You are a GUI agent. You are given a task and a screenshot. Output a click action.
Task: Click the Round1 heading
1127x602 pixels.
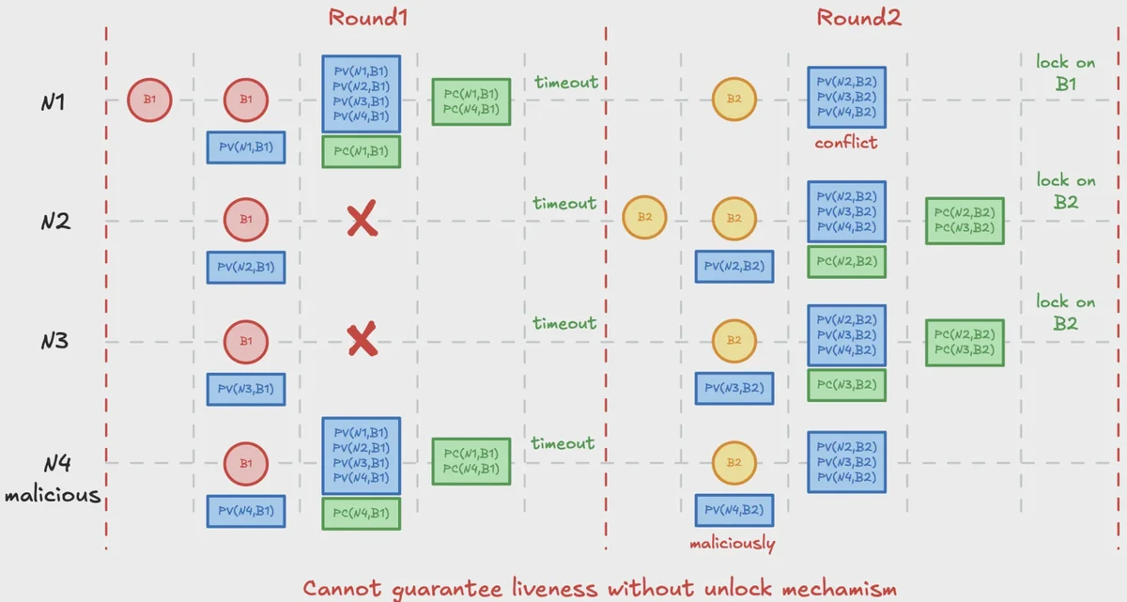click(368, 17)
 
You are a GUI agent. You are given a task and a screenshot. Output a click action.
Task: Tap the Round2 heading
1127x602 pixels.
click(858, 17)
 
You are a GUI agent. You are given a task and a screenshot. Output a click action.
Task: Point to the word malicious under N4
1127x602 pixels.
click(53, 494)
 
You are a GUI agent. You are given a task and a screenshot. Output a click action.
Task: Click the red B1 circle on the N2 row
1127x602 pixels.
click(246, 220)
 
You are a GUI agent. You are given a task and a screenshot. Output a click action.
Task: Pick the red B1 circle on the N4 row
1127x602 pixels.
click(246, 464)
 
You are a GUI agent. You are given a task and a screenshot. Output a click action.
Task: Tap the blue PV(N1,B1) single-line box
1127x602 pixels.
click(246, 147)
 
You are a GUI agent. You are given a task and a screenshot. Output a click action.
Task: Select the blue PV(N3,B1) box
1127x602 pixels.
click(246, 389)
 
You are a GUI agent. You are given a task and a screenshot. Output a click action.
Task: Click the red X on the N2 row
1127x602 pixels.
click(362, 221)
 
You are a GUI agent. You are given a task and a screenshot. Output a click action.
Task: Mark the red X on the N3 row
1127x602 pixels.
click(362, 341)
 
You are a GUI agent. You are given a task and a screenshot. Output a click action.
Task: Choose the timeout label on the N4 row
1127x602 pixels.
click(563, 443)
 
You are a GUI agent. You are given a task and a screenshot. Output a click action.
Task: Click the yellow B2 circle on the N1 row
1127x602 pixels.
click(734, 100)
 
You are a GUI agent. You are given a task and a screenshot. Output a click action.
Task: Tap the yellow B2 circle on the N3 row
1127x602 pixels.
click(734, 341)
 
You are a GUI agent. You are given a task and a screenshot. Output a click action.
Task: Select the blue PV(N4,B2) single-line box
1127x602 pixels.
click(734, 510)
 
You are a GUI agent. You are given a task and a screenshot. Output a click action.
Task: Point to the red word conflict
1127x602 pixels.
click(846, 144)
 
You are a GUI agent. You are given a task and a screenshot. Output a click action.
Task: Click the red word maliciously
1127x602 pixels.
click(733, 544)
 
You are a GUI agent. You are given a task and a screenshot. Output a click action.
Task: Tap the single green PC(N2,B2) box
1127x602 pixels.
click(846, 262)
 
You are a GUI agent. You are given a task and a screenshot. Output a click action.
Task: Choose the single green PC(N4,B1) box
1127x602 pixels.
click(362, 514)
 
